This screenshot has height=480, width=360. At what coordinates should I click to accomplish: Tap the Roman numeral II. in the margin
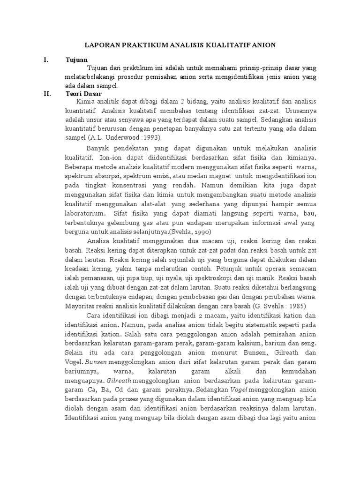[47, 93]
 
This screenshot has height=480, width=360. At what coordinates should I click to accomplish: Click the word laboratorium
[86, 214]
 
